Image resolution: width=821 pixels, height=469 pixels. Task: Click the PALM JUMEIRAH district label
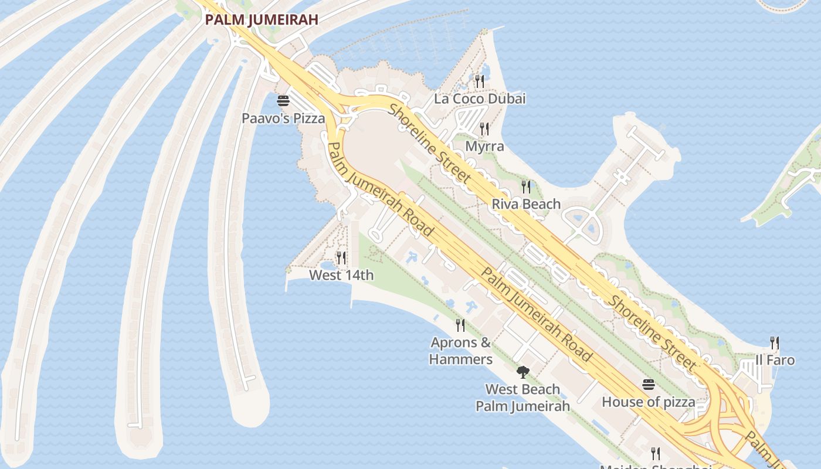click(262, 19)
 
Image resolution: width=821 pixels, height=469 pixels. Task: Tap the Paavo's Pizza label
click(283, 118)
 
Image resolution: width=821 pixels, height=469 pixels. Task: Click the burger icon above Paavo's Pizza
click(283, 101)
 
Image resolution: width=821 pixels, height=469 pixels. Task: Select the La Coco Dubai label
click(480, 98)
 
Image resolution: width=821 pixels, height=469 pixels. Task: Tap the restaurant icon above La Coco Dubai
click(480, 81)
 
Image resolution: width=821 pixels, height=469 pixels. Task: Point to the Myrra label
click(484, 146)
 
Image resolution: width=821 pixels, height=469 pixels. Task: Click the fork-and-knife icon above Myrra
click(484, 128)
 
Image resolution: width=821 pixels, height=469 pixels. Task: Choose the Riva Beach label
click(526, 204)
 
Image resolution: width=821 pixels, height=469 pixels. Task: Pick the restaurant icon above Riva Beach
click(526, 187)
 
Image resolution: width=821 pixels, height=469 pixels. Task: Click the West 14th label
click(341, 275)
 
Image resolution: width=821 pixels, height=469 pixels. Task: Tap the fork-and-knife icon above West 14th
click(341, 257)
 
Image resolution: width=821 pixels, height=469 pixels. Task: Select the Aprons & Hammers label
click(461, 351)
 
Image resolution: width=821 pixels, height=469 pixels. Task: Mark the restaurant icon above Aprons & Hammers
click(460, 325)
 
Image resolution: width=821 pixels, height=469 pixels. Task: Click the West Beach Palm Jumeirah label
click(523, 397)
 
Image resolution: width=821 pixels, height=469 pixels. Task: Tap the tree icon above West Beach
click(523, 372)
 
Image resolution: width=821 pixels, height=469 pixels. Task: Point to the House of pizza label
click(649, 402)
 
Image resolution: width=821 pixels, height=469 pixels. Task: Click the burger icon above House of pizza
click(649, 385)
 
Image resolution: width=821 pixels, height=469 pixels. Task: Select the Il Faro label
click(775, 360)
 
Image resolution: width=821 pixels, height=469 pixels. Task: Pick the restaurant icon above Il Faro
click(775, 342)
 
